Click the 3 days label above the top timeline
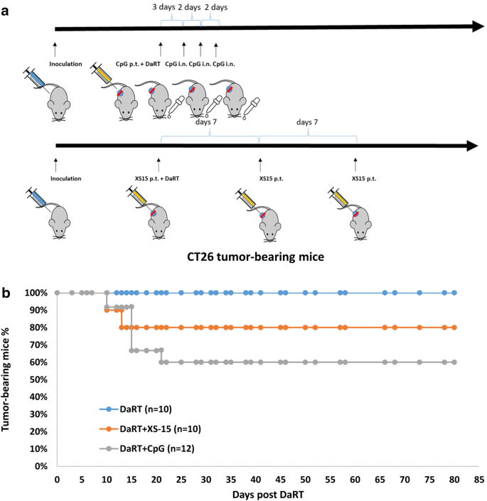pos(164,7)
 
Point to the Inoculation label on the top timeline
pos(66,64)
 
